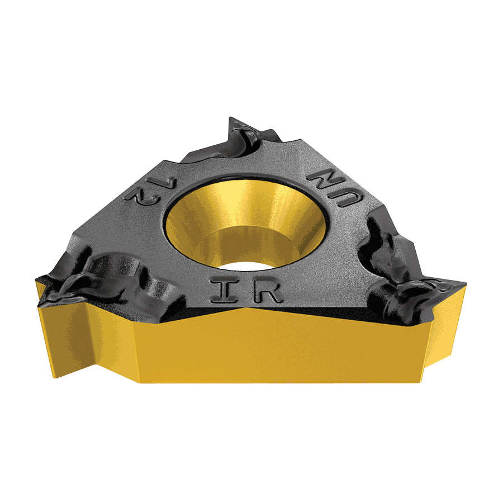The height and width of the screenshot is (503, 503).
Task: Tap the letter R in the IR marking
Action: click(x=268, y=292)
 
